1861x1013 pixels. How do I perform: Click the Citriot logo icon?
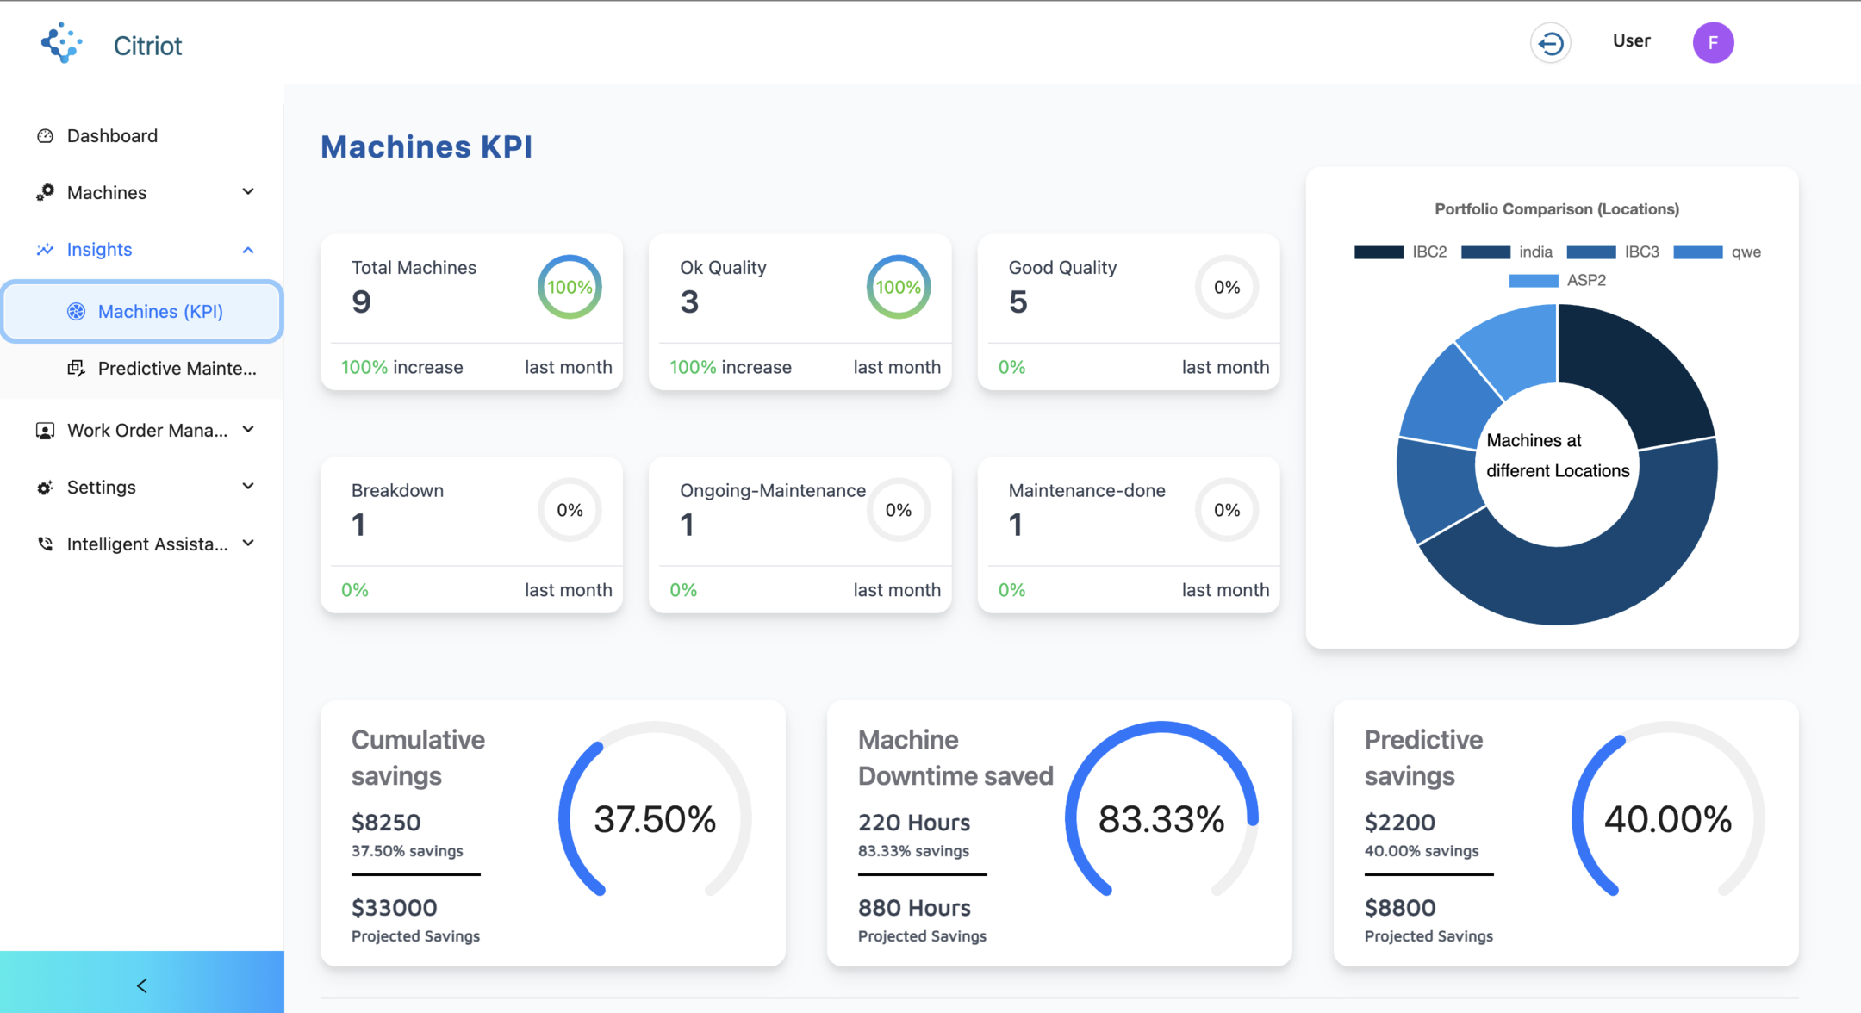pos(61,43)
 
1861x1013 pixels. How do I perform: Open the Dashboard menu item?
pos(112,135)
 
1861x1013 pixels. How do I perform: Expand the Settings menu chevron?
pos(248,486)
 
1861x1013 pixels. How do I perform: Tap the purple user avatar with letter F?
pos(1713,42)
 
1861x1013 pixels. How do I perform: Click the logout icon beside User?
pos(1550,42)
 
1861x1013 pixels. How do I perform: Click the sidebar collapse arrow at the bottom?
pos(142,985)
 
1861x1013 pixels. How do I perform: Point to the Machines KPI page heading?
pos(426,146)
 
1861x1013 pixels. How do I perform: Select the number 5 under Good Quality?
pos(1018,301)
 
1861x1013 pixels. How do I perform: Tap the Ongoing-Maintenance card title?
pos(773,490)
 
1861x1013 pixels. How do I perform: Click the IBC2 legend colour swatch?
pos(1379,252)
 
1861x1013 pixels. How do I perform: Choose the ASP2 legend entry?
pos(1557,280)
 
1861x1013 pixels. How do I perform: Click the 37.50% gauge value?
pos(655,818)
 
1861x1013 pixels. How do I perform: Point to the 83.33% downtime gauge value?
pos(1161,818)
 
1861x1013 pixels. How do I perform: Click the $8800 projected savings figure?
pos(1400,907)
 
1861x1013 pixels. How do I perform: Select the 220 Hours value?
pos(914,822)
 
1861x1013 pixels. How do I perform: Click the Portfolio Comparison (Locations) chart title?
pos(1557,208)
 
